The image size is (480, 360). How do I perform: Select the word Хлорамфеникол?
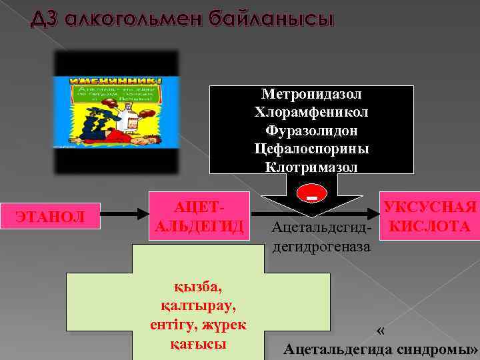click(x=311, y=112)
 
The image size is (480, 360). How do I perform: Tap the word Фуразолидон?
click(x=311, y=130)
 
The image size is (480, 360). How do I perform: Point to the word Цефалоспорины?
click(x=311, y=148)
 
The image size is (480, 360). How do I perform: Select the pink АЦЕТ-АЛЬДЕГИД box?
click(x=199, y=216)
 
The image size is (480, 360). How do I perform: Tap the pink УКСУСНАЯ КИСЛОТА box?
click(x=429, y=216)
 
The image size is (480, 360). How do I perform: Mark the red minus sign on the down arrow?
click(x=311, y=195)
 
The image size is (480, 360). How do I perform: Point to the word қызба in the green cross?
click(x=198, y=287)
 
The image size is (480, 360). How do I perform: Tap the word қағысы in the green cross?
click(x=198, y=345)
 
